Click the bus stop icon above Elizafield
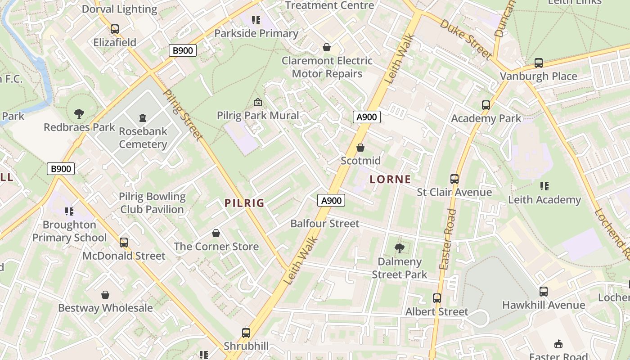[x=115, y=29]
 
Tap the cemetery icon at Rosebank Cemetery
[x=143, y=118]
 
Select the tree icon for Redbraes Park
[x=79, y=113]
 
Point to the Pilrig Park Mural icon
[x=258, y=102]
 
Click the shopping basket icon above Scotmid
[x=360, y=147]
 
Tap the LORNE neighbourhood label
[x=390, y=179]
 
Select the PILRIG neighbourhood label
[x=244, y=203]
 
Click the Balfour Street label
[x=324, y=224]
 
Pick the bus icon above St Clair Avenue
[x=454, y=179]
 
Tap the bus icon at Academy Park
[x=486, y=105]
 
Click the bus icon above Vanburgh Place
[x=539, y=63]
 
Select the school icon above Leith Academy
[x=544, y=186]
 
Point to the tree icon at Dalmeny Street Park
[x=399, y=247]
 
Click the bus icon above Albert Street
[x=436, y=298]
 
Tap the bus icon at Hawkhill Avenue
[x=544, y=291]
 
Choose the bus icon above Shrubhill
[x=246, y=333]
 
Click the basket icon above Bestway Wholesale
[x=105, y=295]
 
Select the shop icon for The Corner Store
[x=216, y=233]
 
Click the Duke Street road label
[x=465, y=40]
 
